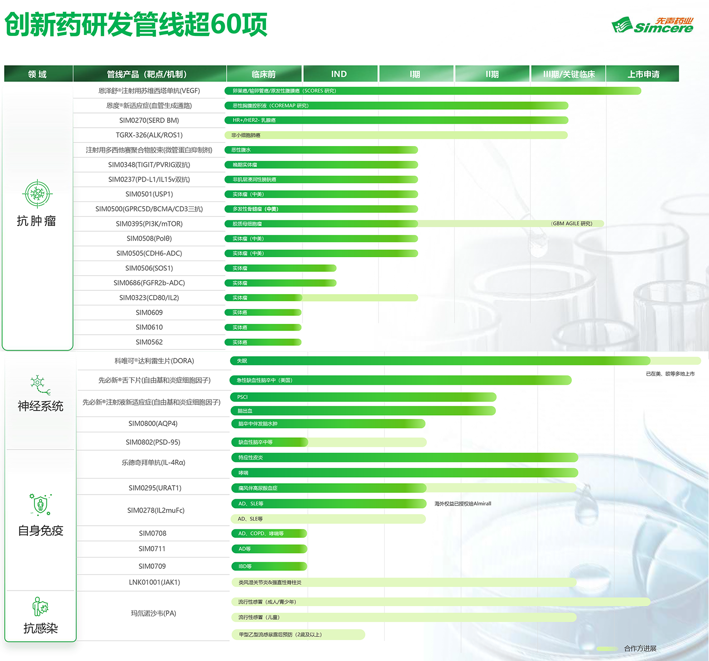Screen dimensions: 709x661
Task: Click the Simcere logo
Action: click(x=652, y=25)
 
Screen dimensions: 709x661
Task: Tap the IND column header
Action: click(x=339, y=74)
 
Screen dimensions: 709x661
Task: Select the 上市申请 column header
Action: click(x=643, y=74)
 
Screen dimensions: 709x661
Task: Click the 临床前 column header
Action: click(x=264, y=74)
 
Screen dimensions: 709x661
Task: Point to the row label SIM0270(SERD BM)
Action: click(x=149, y=121)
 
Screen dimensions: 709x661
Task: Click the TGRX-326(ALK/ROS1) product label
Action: click(x=149, y=135)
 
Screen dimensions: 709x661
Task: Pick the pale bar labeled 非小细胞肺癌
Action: click(x=396, y=135)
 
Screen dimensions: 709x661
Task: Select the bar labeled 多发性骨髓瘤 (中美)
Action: click(x=321, y=209)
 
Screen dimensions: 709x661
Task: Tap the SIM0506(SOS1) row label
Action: click(x=149, y=268)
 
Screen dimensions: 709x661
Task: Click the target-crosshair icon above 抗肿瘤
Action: click(x=37, y=194)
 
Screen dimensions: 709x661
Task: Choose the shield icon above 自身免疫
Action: click(x=40, y=504)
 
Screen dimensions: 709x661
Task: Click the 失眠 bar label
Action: click(x=242, y=361)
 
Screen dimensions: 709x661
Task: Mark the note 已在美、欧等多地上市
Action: click(x=670, y=374)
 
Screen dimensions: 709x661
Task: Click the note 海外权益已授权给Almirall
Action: click(x=463, y=504)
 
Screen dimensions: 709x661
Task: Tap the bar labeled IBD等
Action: click(x=269, y=566)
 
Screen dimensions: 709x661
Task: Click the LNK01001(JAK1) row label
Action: click(x=155, y=582)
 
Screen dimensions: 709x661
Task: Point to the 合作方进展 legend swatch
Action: click(x=607, y=649)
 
